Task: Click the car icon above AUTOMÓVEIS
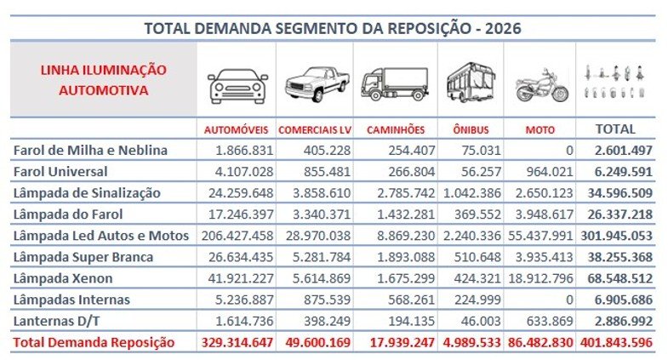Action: click(237, 85)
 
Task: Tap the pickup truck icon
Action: click(316, 84)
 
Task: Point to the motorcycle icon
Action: click(541, 84)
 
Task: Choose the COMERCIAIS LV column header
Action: click(316, 130)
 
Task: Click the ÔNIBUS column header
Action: click(471, 130)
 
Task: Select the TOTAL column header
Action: click(617, 129)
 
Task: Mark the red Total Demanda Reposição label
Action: click(94, 342)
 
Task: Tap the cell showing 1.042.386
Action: click(470, 193)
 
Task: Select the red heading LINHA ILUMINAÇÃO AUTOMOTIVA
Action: click(103, 79)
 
